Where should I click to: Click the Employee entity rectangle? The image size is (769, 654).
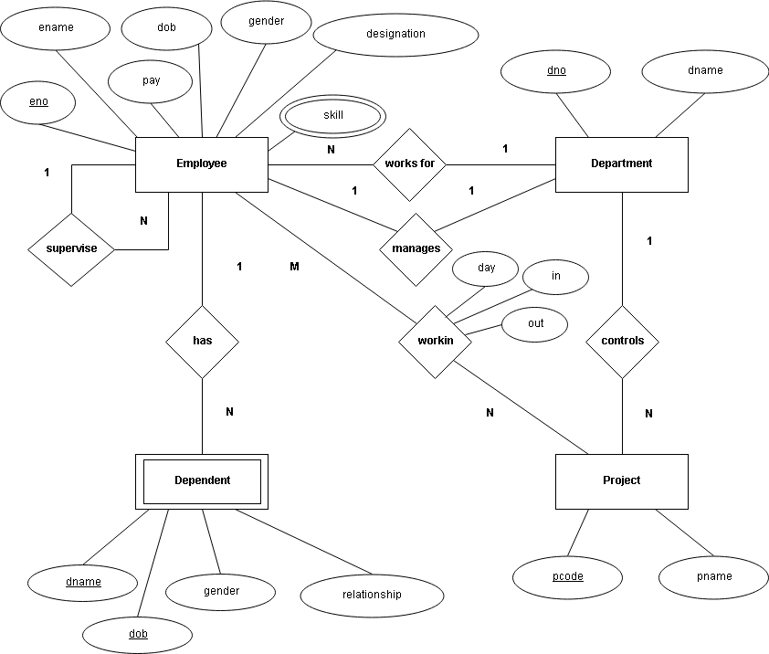pos(202,164)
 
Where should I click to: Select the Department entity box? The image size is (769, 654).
pos(621,164)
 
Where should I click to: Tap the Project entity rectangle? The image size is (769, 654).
pos(621,481)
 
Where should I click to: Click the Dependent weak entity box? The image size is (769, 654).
pos(202,481)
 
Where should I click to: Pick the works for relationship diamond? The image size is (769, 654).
pos(409,164)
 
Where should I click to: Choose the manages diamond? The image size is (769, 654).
pos(416,249)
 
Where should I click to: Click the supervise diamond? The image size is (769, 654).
pos(71,249)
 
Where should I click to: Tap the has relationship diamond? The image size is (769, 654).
pos(202,342)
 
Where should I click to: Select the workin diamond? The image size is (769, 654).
pos(435,342)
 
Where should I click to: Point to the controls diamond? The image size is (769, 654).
pos(622,342)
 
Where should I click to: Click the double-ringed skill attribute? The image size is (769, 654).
pos(332,116)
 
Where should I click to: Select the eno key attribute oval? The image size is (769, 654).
pos(38,103)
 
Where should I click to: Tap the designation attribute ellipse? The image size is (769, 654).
pos(395,35)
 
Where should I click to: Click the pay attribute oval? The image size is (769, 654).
pos(150,81)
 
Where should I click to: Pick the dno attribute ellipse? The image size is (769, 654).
pos(555,71)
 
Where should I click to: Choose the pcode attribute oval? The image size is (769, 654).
pos(567,577)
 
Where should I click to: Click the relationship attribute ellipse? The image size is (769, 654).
pos(372,596)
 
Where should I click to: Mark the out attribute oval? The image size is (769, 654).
pos(535,324)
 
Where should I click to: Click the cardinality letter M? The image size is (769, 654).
pos(294,267)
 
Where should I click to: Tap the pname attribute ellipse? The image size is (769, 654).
pos(713,577)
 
